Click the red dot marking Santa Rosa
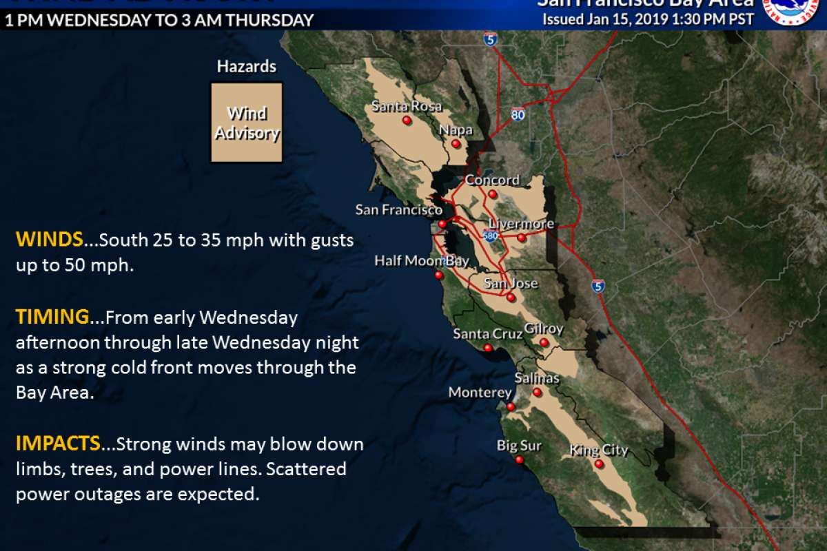click(x=407, y=121)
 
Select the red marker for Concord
click(x=492, y=194)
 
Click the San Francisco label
click(x=398, y=209)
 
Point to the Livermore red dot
click(x=522, y=238)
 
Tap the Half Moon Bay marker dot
click(x=438, y=275)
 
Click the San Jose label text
click(x=510, y=283)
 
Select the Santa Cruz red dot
click(x=488, y=348)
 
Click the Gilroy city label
click(x=544, y=329)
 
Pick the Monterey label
click(x=480, y=392)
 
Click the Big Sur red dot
click(x=519, y=460)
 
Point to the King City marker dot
click(x=599, y=464)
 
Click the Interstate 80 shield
click(x=518, y=114)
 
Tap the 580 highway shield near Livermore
click(x=491, y=236)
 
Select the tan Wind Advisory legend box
click(x=247, y=123)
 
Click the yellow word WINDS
click(x=49, y=240)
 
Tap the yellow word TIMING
click(x=52, y=317)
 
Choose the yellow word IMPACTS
click(x=58, y=444)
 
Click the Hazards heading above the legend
click(x=246, y=67)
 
